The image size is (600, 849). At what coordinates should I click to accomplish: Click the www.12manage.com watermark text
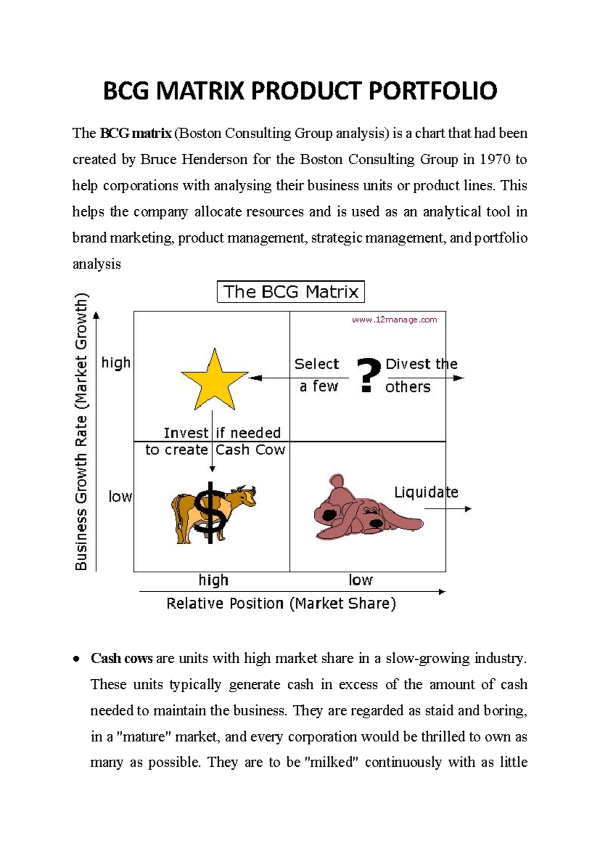point(394,320)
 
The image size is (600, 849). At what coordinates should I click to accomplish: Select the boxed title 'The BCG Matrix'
point(290,292)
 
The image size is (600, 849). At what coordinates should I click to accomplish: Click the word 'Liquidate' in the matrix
point(426,493)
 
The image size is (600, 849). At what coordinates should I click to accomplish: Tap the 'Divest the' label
point(421,364)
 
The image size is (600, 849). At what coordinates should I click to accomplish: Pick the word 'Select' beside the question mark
point(316,364)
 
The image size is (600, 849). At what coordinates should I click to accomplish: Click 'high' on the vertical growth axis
point(115,362)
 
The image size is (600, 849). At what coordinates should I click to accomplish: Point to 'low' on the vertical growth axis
point(120,497)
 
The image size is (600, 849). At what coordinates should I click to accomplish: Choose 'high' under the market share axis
point(213,580)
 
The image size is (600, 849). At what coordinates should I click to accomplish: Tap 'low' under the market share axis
point(360,580)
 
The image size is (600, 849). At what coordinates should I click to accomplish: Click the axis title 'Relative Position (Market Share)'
point(281,604)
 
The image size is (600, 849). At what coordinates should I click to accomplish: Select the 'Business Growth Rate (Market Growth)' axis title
point(81,432)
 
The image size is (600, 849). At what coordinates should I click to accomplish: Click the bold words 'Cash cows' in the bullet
point(121,659)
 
